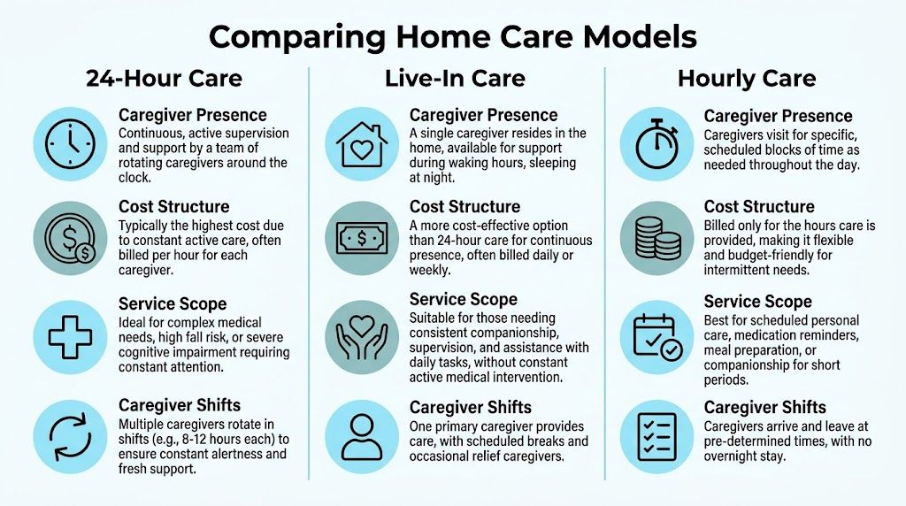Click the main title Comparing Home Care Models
pyautogui.click(x=452, y=36)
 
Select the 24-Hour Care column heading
pyautogui.click(x=164, y=79)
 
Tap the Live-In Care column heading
pyautogui.click(x=456, y=79)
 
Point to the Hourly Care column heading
pyautogui.click(x=747, y=79)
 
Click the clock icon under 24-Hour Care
pyautogui.click(x=70, y=144)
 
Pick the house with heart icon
pyautogui.click(x=362, y=144)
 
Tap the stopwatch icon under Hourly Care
pyautogui.click(x=657, y=144)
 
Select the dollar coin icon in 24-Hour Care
pyautogui.click(x=71, y=238)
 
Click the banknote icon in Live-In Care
pyautogui.click(x=362, y=238)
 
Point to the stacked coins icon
pyautogui.click(x=657, y=238)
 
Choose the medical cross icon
pyautogui.click(x=70, y=337)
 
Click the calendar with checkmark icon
pyautogui.click(x=657, y=337)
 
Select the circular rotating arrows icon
pyautogui.click(x=70, y=437)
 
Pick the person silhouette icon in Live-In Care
pyautogui.click(x=362, y=437)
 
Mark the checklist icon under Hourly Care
pyautogui.click(x=657, y=437)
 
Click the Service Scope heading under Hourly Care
pyautogui.click(x=757, y=302)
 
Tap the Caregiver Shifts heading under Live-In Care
pyautogui.click(x=471, y=407)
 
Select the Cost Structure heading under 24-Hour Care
pyautogui.click(x=174, y=207)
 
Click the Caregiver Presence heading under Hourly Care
pyautogui.click(x=778, y=116)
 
